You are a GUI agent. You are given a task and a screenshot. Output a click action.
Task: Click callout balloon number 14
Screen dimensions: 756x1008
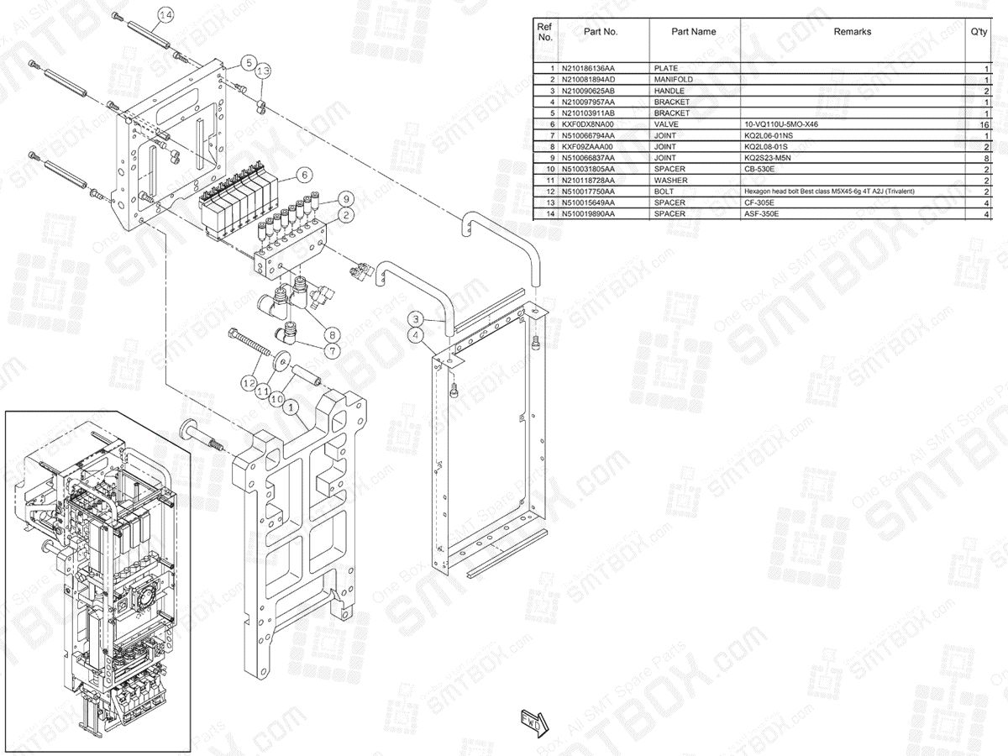[x=165, y=15]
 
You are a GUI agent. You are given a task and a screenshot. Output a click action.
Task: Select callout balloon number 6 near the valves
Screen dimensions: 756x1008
[x=305, y=175]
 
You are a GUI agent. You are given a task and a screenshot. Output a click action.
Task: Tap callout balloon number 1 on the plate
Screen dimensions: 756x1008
[x=291, y=408]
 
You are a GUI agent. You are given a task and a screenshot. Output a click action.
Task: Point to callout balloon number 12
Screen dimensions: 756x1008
[x=248, y=382]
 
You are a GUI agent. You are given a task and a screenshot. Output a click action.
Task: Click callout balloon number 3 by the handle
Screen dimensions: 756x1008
[x=417, y=318]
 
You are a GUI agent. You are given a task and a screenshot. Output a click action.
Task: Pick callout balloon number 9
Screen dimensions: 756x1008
[x=344, y=199]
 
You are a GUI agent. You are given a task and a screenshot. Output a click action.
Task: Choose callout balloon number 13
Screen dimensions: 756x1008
[x=263, y=70]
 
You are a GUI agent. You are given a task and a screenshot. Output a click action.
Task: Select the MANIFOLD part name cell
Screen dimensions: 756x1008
[x=674, y=79]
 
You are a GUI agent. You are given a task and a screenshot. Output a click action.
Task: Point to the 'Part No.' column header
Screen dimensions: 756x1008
[x=601, y=32]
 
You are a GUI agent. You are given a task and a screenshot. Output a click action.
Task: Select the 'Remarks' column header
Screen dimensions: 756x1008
[x=852, y=32]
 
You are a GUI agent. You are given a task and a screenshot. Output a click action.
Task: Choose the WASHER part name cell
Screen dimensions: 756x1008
[x=670, y=181]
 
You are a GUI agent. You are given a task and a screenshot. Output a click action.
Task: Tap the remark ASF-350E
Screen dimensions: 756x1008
[x=762, y=214]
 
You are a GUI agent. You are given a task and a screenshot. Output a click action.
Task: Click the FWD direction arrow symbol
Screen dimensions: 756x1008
[x=533, y=720]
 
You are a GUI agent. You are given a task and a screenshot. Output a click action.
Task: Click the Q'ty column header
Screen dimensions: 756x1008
[x=978, y=32]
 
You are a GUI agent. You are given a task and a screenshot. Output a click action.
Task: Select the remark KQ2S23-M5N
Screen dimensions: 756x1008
[x=768, y=158]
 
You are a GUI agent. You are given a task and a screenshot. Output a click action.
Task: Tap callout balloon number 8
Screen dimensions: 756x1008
[x=333, y=333]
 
